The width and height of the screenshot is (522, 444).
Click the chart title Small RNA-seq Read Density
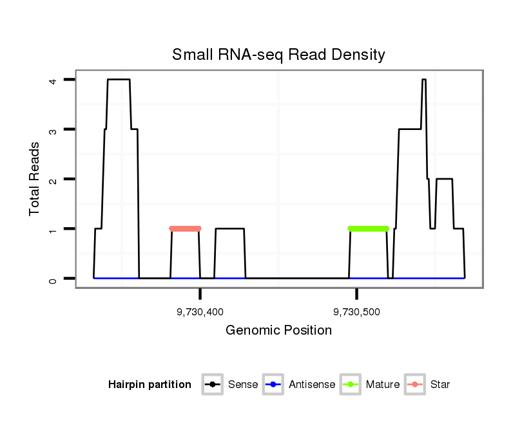(278, 55)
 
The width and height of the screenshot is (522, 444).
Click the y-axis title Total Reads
(35, 178)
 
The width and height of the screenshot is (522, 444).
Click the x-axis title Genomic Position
(278, 331)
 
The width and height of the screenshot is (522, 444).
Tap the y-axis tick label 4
(53, 80)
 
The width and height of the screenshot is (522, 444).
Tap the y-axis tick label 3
(53, 129)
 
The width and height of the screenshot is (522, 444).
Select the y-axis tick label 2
(53, 179)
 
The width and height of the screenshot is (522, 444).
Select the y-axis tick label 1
(53, 229)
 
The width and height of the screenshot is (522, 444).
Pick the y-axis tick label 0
(53, 279)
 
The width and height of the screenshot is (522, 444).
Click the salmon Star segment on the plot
(185, 228)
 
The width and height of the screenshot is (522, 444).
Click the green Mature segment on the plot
(368, 228)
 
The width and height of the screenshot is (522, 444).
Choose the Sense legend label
(243, 385)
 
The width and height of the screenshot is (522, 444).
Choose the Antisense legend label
(312, 385)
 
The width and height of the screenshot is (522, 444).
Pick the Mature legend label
(383, 385)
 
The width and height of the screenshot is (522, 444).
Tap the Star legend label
(440, 385)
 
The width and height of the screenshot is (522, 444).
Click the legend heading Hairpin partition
(150, 385)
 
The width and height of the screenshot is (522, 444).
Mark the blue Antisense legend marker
(273, 385)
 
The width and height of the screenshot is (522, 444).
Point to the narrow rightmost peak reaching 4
(423, 80)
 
